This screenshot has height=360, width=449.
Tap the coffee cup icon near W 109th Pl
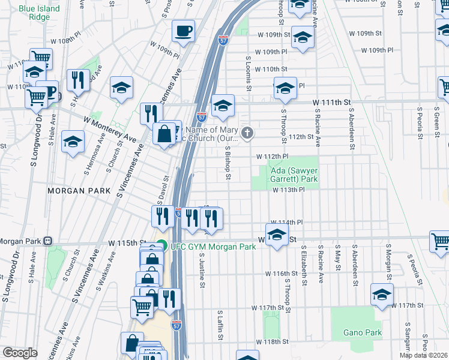pyautogui.click(x=183, y=30)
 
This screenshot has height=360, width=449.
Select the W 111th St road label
pyautogui.click(x=331, y=103)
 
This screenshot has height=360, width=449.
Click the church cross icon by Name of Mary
pyautogui.click(x=247, y=132)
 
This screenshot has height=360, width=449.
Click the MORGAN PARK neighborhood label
pyautogui.click(x=79, y=190)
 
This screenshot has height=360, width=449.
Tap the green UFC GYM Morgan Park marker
pyautogui.click(x=161, y=245)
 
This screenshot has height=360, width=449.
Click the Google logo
pyautogui.click(x=20, y=353)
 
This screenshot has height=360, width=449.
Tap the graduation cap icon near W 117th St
pyautogui.click(x=381, y=294)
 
